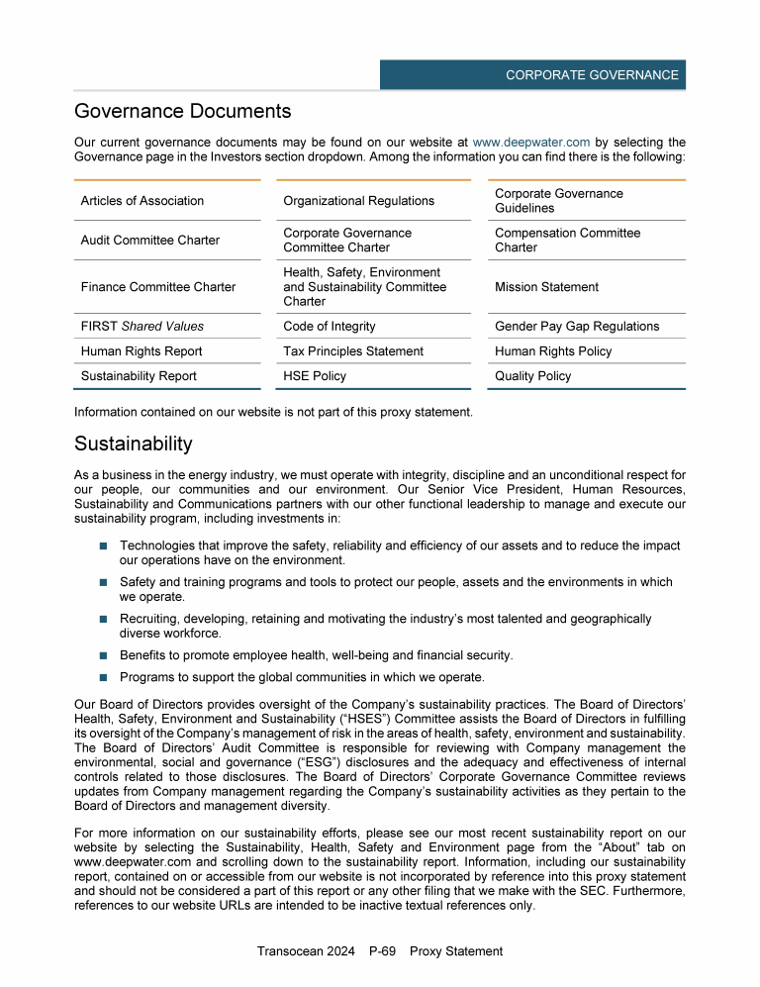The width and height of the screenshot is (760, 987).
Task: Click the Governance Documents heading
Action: coord(182,111)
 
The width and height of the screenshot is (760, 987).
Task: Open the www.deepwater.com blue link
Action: coord(531,143)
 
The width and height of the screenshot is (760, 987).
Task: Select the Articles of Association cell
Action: coord(142,201)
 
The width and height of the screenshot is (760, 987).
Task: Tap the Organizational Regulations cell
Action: coord(358,201)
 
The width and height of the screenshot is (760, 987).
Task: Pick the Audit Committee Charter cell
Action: coord(150,241)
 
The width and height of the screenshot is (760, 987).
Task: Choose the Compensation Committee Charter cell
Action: coord(567,241)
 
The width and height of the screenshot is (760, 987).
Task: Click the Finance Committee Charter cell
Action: coord(158,287)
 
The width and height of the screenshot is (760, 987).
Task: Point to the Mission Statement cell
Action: coord(546,287)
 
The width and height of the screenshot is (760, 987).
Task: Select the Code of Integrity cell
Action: coord(330,327)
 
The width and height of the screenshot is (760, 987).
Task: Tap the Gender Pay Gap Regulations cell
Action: coord(577,327)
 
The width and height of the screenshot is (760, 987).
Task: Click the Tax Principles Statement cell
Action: coord(353,351)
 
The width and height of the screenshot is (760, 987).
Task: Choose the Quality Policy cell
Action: coord(533,376)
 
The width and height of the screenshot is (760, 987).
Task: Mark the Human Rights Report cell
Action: coord(142,351)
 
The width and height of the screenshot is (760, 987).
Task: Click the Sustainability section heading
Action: coord(134,444)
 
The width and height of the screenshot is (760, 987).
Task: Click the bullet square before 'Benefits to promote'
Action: coord(103,655)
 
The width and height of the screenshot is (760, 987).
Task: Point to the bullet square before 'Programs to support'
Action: coord(103,678)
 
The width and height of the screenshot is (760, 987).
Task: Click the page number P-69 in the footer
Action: coord(382,951)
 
